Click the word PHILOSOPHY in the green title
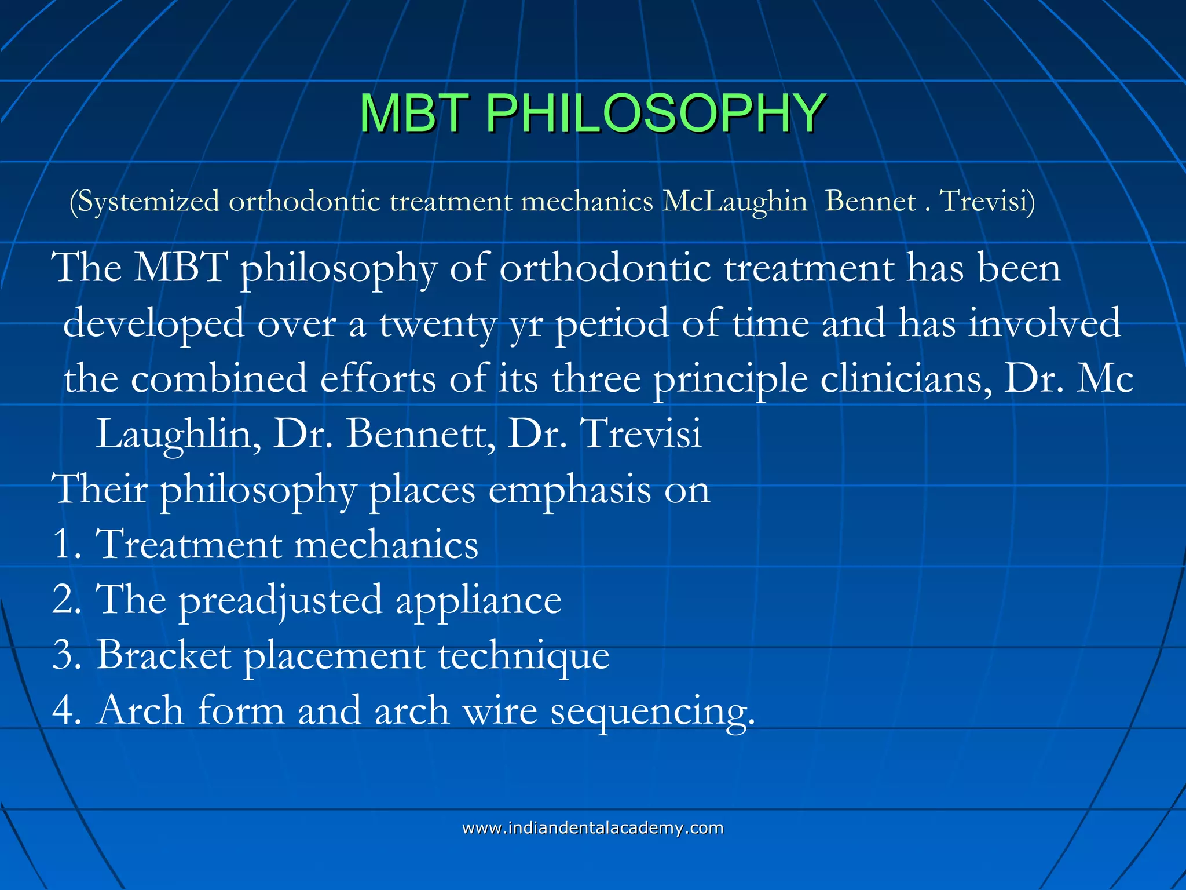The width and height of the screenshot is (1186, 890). [x=654, y=113]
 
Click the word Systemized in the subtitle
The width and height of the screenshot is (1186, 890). [x=148, y=202]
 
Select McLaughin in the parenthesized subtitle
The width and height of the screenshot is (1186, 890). [x=735, y=202]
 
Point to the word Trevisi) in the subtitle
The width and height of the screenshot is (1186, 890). [x=987, y=201]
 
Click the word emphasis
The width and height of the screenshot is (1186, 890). [x=569, y=490]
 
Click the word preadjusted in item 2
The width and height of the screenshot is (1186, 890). [x=280, y=600]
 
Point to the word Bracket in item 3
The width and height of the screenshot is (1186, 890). [x=163, y=655]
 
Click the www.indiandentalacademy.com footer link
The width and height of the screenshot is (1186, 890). [x=592, y=828]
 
